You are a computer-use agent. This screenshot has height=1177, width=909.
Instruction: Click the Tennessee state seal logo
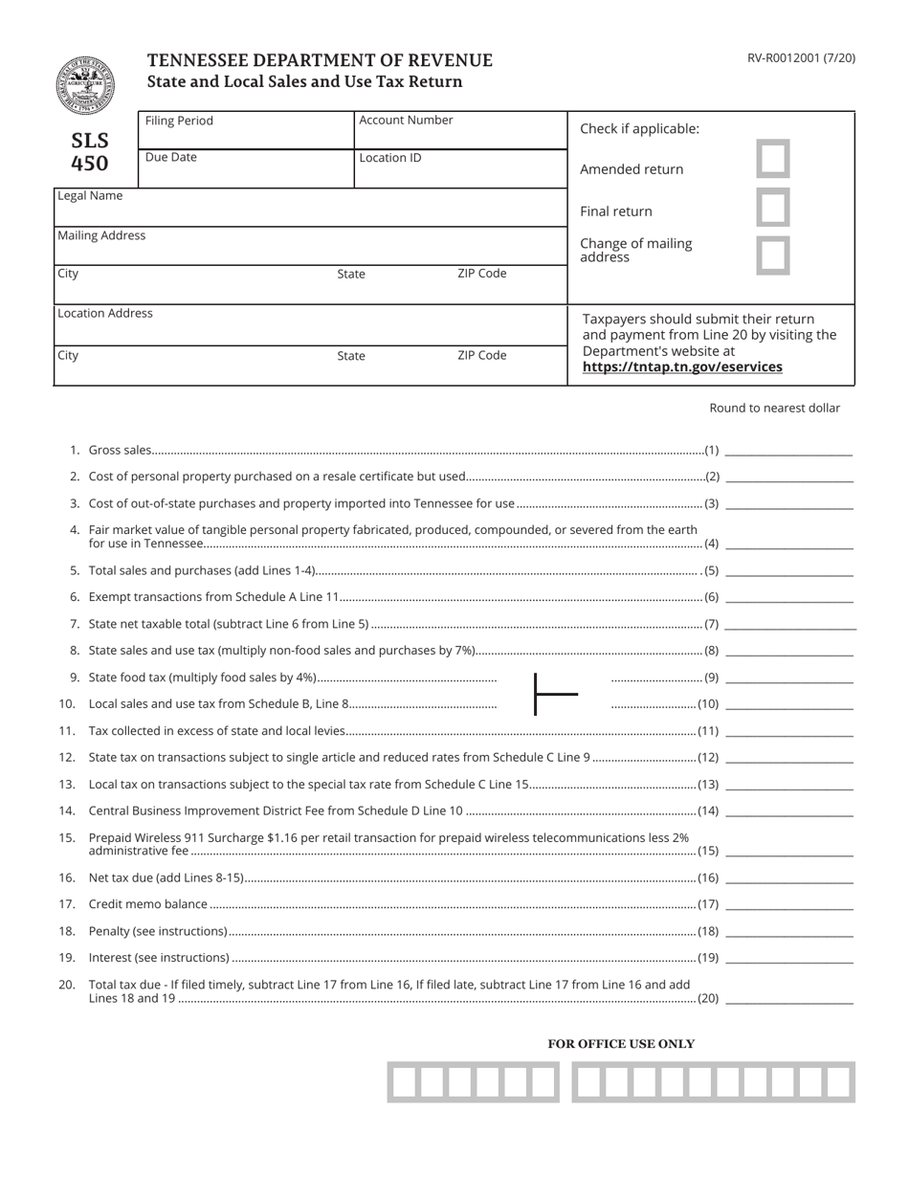pos(84,84)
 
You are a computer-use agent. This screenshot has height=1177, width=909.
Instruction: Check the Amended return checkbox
pos(773,159)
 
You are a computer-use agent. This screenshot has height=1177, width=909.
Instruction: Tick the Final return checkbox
pos(773,207)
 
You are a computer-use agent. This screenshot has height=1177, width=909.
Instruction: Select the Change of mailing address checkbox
pos(773,255)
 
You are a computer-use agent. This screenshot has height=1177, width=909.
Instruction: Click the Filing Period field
pos(246,131)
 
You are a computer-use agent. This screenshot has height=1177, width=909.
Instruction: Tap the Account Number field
pos(460,131)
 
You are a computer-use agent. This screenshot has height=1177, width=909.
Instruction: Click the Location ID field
pos(460,169)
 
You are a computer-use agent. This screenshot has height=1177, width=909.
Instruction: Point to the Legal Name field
pos(310,208)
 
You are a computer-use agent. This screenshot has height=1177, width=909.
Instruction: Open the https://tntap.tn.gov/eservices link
pos(682,367)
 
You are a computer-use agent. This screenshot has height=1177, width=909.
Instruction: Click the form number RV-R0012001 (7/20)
pos(801,58)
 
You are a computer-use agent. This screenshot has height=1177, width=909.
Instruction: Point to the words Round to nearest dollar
pos(774,408)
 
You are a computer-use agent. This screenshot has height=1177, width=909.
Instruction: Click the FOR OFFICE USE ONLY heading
pos(621,1044)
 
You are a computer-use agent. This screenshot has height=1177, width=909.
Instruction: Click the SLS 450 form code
pos(90,152)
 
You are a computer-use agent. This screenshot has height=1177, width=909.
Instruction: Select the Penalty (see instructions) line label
pos(158,931)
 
